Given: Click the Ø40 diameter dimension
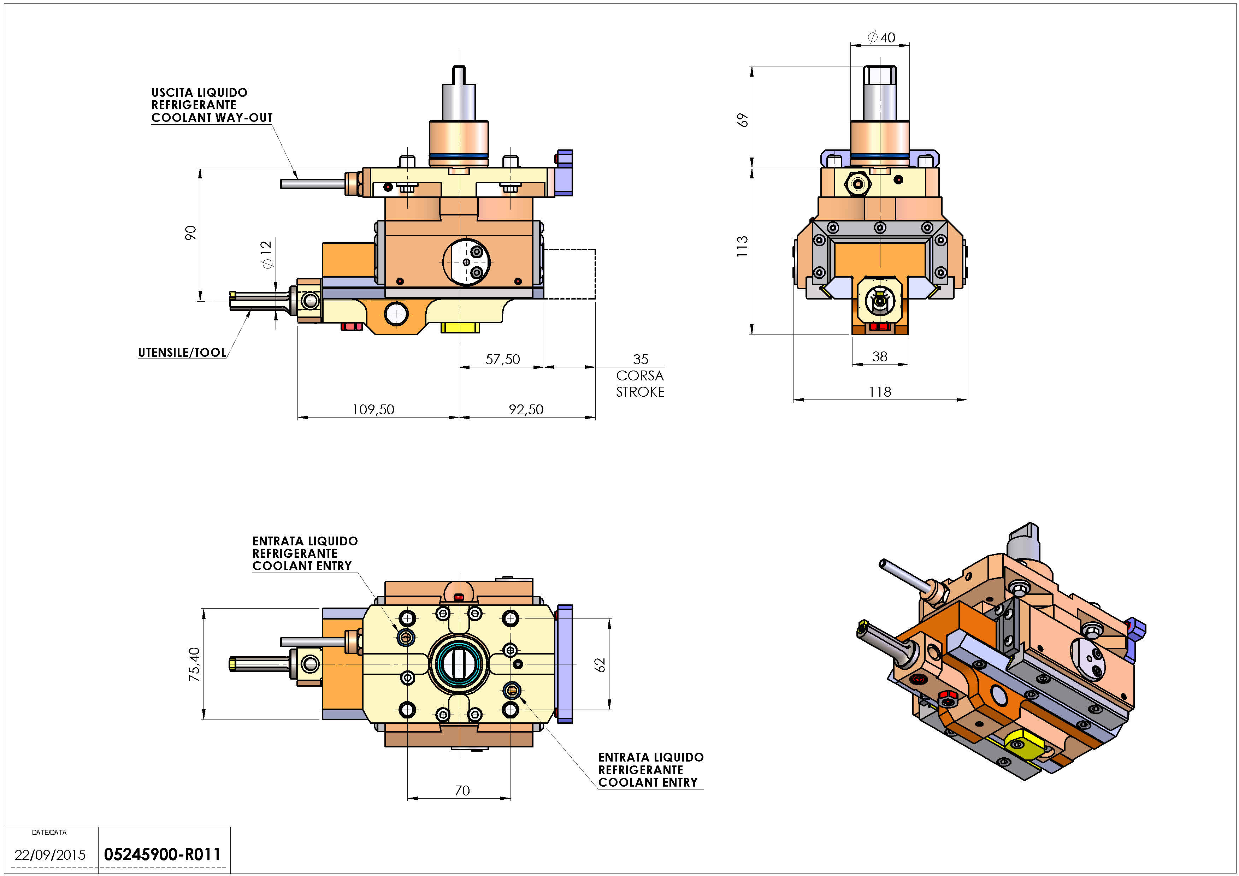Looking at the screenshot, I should click(881, 37).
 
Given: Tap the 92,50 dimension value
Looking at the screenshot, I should click(526, 409).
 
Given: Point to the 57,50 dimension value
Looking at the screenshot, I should click(502, 359).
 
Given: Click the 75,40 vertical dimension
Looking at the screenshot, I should click(194, 664).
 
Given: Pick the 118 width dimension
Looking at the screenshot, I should click(880, 392).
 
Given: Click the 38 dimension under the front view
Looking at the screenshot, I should click(880, 356).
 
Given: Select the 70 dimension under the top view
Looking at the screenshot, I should click(462, 790).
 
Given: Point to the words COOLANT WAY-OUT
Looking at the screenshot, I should click(212, 118).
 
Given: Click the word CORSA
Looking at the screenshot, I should click(640, 375).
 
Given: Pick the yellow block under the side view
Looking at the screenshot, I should click(460, 327).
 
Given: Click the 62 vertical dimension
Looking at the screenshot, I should click(600, 664).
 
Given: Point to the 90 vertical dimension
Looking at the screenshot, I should click(190, 233).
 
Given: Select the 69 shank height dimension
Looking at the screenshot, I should click(743, 120).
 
